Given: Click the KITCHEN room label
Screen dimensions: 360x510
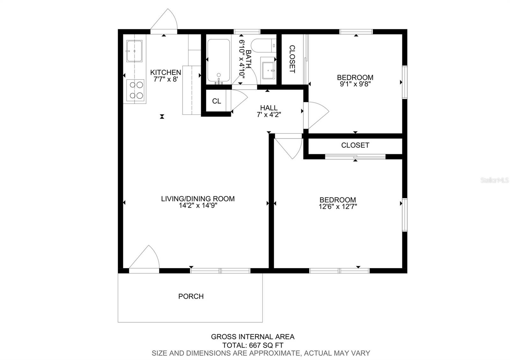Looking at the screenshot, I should click(x=165, y=72).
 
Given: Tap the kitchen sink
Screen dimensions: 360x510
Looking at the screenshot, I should click(x=135, y=51).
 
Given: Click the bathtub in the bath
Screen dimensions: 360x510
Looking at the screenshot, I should click(x=218, y=60).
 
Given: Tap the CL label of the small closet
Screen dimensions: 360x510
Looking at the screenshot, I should click(x=216, y=101).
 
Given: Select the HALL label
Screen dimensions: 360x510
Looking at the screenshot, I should click(x=269, y=108).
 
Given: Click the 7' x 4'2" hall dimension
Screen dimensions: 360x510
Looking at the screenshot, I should click(x=269, y=115).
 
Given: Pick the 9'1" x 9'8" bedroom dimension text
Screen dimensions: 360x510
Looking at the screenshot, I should click(x=355, y=84).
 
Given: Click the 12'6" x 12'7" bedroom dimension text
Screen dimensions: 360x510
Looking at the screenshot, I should click(x=338, y=206).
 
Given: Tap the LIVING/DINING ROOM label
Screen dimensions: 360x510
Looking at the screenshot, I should click(x=198, y=199).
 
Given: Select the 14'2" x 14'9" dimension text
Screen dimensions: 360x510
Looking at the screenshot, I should click(x=198, y=206).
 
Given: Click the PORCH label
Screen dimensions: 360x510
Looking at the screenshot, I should click(x=191, y=296).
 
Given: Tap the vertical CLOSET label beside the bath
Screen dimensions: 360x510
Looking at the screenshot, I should click(x=292, y=59).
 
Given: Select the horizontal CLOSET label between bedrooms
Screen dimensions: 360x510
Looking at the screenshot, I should click(x=355, y=145).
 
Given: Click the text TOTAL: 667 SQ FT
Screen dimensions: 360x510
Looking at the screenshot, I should click(x=253, y=345).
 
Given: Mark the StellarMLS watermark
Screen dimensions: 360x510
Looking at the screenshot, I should click(x=495, y=180).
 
